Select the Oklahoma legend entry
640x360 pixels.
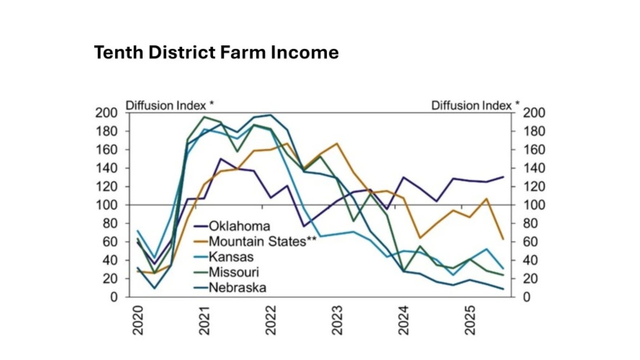[x=239, y=226]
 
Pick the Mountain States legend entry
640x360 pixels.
[x=262, y=241]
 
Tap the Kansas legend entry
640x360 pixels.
[x=231, y=257]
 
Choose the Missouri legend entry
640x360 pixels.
[x=233, y=272]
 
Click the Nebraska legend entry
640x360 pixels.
[x=237, y=288]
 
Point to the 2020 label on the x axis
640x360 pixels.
[x=138, y=320]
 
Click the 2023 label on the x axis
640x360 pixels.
[x=337, y=320]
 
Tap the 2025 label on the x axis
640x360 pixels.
[x=470, y=320]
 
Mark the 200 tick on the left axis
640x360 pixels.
[x=107, y=113]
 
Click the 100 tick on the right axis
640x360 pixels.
[x=534, y=205]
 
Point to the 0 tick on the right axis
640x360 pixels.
[x=527, y=297]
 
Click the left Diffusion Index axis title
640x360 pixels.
[x=169, y=105]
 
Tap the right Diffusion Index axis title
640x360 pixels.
[x=475, y=105]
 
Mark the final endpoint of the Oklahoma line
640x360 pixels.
[x=503, y=177]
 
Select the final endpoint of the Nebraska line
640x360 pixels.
[x=503, y=289]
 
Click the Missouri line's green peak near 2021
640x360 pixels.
[x=204, y=117]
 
